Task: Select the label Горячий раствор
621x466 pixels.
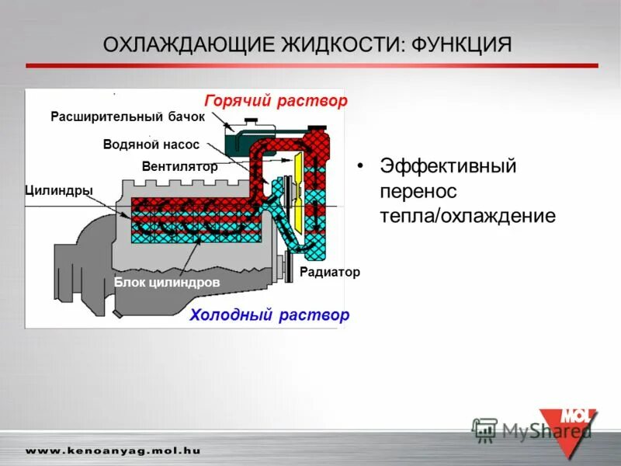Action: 276,101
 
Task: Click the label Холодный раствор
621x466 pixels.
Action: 269,315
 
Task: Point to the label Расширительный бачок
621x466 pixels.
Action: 127,117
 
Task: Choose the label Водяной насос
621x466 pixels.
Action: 151,144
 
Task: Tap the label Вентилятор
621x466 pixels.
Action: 180,166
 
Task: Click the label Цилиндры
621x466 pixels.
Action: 59,190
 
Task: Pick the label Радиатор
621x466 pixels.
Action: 330,273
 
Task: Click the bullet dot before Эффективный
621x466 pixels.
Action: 359,167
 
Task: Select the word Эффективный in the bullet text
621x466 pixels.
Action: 448,166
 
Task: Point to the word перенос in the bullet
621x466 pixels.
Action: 418,191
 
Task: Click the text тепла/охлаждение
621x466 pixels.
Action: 467,216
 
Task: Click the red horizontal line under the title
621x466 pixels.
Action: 310,65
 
